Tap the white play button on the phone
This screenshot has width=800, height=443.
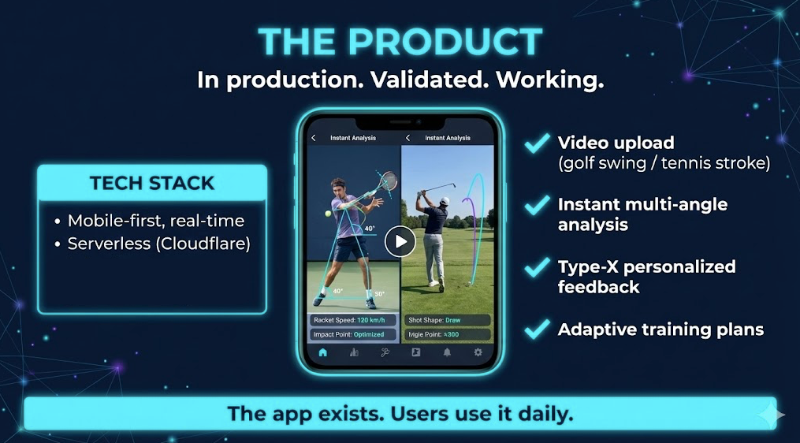400,241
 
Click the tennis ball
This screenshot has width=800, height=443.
329,212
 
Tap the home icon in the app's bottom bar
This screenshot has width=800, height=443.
322,352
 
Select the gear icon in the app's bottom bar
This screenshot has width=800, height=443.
478,352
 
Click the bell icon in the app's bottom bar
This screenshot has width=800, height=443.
447,352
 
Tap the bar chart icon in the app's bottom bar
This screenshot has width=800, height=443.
354,352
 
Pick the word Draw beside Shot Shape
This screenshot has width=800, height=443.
452,320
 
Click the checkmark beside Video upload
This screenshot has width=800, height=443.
538,143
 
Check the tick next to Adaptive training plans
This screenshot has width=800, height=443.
538,328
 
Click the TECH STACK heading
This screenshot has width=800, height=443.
152,183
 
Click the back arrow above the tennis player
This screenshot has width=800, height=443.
314,138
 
